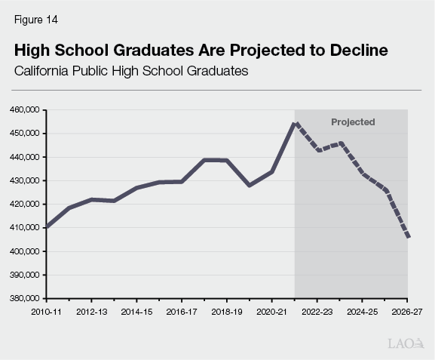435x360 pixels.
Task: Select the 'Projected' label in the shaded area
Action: click(353, 122)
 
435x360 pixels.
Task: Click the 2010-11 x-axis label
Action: click(46, 310)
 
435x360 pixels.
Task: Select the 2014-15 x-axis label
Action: click(136, 310)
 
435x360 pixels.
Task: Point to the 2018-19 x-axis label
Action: click(227, 310)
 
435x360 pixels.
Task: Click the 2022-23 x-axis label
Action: click(317, 310)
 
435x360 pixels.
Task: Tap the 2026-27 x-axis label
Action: click(406, 310)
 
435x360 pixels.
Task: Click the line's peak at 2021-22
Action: click(295, 123)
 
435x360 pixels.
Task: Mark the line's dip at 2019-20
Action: click(250, 185)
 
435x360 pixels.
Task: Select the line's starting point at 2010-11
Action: click(47, 226)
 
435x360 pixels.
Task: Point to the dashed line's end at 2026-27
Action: click(407, 237)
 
